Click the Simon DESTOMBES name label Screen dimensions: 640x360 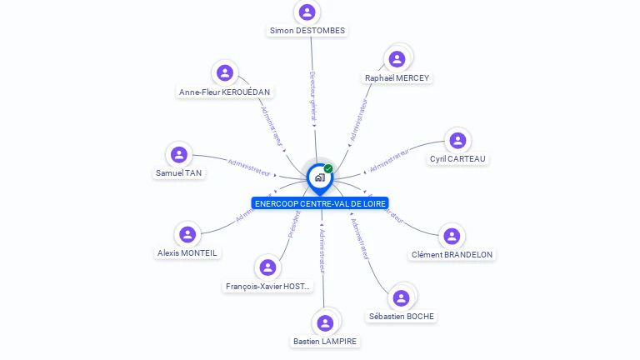coord(307,31)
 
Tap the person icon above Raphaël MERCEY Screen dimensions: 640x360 coord(397,58)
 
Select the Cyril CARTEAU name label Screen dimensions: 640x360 coord(457,158)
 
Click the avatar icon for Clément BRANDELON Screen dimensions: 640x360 coord(451,236)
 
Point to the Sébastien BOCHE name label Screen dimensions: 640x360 coord(402,317)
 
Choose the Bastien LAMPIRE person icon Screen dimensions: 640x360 coord(326,322)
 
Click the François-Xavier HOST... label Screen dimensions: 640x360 coord(268,287)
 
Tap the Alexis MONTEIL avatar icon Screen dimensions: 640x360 coord(187,234)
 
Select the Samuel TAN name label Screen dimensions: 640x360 coord(178,173)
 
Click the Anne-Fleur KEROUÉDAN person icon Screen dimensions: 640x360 coord(224,72)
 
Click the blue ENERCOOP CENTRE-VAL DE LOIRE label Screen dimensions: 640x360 coord(320,203)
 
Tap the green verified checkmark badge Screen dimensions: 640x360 coord(328,168)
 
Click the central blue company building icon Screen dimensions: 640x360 coord(319,177)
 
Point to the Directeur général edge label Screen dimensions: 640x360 coord(312,96)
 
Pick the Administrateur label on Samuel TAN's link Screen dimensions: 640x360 coord(249,167)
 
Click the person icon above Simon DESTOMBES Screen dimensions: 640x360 coord(307,12)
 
